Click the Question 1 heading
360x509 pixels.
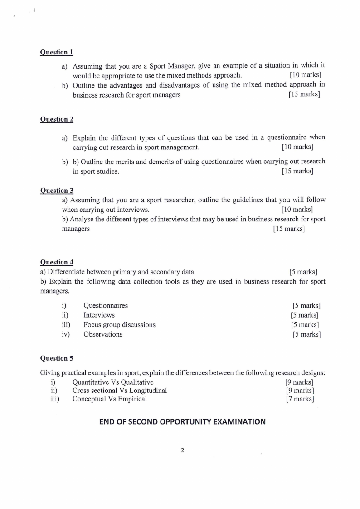57,52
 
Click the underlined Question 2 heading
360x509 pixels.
57,119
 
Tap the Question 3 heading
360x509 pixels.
57,191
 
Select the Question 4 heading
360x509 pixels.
57,262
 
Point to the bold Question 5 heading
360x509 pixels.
57,358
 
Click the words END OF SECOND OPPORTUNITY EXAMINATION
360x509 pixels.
182,421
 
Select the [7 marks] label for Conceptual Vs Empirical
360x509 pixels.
300,399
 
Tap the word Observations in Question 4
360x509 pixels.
103,334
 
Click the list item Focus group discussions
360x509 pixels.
119,325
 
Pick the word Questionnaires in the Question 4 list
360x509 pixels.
106,305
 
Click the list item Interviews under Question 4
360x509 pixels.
99,315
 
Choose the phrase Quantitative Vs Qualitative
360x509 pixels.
113,382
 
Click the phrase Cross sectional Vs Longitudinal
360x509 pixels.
120,391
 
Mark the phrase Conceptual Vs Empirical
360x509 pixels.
109,399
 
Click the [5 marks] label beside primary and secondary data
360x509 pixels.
303,272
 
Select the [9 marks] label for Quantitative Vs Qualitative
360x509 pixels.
300,382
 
